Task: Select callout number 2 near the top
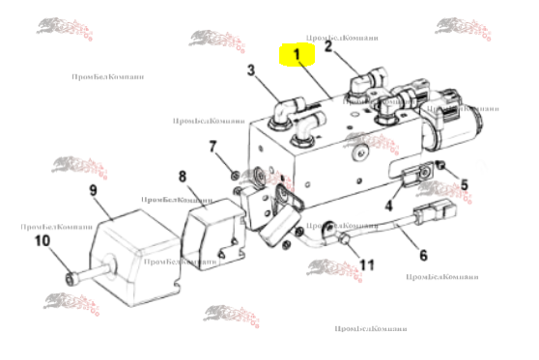[x=328, y=45]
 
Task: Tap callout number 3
[x=250, y=69]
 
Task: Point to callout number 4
[x=388, y=205]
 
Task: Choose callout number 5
[x=464, y=184]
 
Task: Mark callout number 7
[x=213, y=147]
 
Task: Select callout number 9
[x=94, y=191]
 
